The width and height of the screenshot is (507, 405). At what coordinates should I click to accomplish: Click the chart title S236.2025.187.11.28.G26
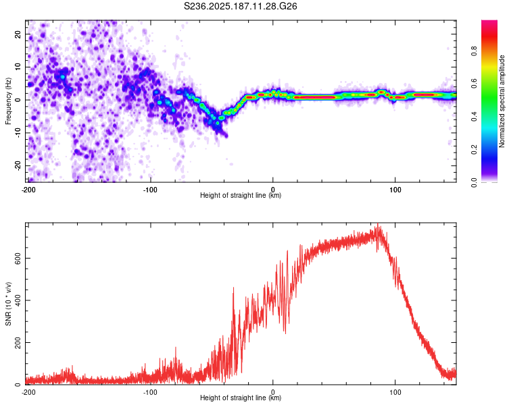240,6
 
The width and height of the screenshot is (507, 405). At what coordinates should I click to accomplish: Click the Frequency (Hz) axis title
8,101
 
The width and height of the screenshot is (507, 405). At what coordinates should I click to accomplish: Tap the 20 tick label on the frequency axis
18,34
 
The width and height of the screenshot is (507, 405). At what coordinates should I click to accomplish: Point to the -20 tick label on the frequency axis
18,165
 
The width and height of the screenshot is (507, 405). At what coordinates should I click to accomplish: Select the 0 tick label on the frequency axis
18,100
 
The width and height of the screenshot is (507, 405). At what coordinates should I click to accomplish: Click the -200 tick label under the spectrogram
28,190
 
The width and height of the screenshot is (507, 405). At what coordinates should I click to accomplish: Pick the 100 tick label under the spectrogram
395,190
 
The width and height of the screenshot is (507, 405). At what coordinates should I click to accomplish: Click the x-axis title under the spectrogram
241,195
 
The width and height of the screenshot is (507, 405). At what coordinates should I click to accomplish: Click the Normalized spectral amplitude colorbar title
502,101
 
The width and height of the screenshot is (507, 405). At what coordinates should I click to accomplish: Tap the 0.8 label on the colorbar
474,51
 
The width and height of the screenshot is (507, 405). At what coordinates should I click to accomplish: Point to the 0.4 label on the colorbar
474,117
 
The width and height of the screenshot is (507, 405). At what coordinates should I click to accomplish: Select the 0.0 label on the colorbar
474,183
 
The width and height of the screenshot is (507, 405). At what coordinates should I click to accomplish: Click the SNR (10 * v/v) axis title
8,304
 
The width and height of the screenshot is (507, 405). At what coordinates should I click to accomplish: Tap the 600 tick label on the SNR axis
18,259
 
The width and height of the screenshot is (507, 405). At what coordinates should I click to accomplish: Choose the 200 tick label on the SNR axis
18,342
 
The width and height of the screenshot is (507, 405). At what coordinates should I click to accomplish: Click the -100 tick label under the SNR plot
150,392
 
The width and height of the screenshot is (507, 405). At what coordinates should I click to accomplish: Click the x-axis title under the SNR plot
241,398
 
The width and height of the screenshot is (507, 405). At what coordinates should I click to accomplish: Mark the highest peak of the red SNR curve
378,224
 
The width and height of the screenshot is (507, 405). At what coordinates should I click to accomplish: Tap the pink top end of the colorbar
489,22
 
